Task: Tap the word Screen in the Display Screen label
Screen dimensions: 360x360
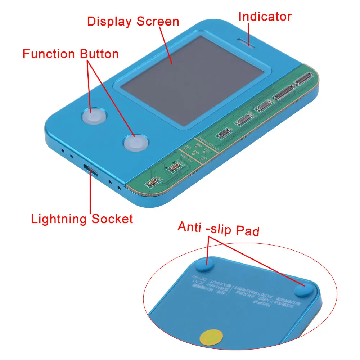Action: (158, 21)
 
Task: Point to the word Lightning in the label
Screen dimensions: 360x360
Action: (59, 219)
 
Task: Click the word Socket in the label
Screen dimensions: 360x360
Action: (112, 219)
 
